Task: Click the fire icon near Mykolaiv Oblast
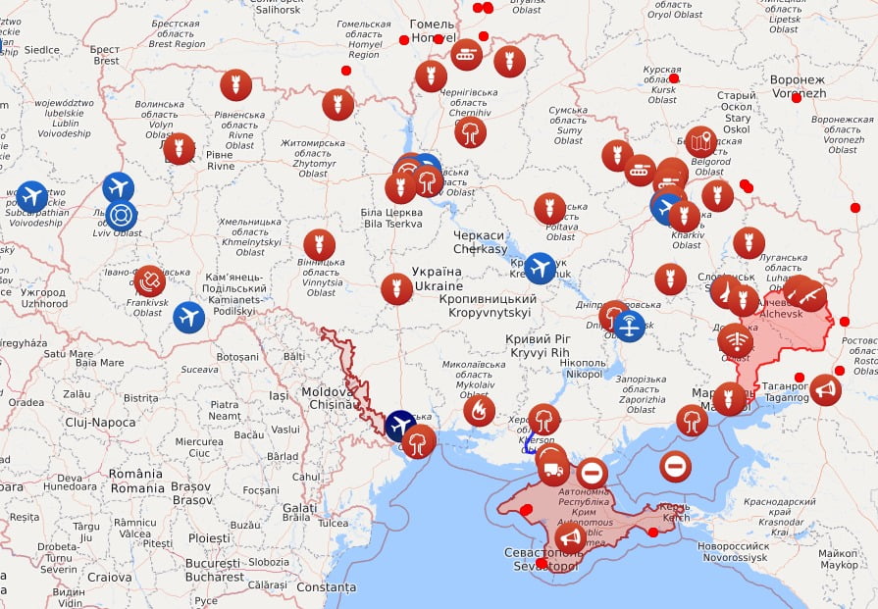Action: [x=479, y=411]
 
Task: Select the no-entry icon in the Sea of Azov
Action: [x=676, y=466]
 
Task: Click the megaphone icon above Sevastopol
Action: [x=570, y=537]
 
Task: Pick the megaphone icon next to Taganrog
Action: [x=825, y=389]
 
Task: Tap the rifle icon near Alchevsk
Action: [x=810, y=295]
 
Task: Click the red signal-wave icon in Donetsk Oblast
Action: [x=735, y=340]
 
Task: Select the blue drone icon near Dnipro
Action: [x=630, y=326]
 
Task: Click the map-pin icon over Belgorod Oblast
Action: [x=701, y=142]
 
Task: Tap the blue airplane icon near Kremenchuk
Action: [x=541, y=268]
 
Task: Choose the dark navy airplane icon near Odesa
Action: [x=400, y=426]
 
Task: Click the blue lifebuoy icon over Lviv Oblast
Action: [x=121, y=215]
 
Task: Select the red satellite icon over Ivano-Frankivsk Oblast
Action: [x=149, y=281]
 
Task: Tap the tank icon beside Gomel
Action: [x=466, y=54]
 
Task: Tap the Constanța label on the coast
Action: [x=326, y=586]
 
